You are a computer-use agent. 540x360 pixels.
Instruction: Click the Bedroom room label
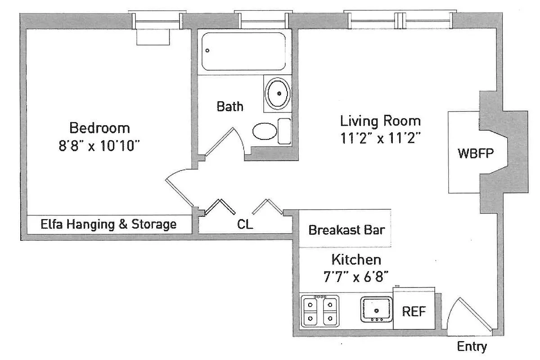tap(99, 128)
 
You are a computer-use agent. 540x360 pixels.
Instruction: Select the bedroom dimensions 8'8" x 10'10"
tap(99, 146)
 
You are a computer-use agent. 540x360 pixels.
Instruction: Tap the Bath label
tap(230, 107)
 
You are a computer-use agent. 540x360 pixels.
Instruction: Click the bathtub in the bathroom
tap(243, 51)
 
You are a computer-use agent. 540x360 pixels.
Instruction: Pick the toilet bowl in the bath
tap(265, 131)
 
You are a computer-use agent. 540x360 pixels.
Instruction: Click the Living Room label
tap(380, 121)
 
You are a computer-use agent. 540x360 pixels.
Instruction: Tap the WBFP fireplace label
tap(476, 153)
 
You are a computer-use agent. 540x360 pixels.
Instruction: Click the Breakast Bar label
tap(346, 230)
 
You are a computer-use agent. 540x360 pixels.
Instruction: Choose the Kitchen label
tap(356, 260)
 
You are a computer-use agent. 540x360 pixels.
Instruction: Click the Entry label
tap(472, 347)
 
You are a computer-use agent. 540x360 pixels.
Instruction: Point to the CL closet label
tap(245, 224)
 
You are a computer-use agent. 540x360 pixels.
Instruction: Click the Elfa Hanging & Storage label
tap(108, 224)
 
